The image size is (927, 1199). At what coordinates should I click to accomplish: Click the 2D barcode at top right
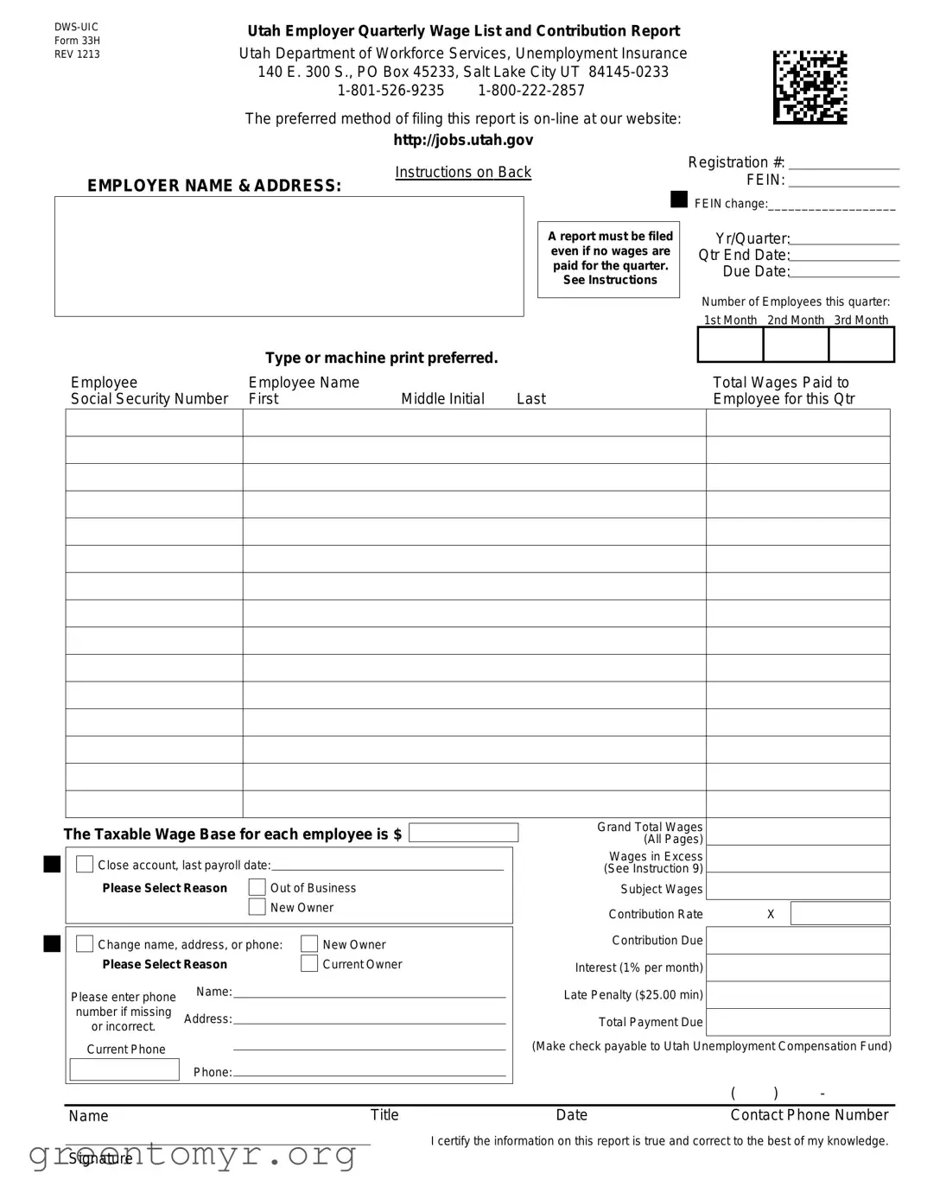pos(810,87)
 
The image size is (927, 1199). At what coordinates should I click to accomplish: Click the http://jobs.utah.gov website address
pos(463,140)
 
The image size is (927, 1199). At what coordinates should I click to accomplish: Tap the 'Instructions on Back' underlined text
pos(463,172)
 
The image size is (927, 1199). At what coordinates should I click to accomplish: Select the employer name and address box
pos(289,257)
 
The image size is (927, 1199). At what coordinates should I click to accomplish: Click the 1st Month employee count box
pos(730,346)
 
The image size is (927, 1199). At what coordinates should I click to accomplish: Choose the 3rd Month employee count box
pos(861,346)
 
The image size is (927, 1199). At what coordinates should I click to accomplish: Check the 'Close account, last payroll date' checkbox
pos(85,865)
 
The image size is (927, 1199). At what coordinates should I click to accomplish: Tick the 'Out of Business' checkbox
pos(257,887)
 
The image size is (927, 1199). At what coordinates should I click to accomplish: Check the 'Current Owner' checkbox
pos(309,964)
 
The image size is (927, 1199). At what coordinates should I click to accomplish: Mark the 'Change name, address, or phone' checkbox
pos(85,944)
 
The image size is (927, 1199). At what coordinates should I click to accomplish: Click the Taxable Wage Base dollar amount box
pos(463,833)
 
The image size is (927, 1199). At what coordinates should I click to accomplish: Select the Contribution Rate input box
pos(840,914)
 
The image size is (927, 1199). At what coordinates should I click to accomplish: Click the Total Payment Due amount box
pos(798,1022)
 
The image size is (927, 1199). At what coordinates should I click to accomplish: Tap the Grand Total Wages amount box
pos(798,832)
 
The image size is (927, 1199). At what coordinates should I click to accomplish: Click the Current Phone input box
pos(124,1069)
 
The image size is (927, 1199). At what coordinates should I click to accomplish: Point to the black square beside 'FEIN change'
pos(679,200)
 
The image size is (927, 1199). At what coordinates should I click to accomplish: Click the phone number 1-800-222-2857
pos(531,91)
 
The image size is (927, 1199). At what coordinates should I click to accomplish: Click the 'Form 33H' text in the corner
pos(77,41)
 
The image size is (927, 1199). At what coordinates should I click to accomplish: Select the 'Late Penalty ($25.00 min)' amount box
pos(798,995)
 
